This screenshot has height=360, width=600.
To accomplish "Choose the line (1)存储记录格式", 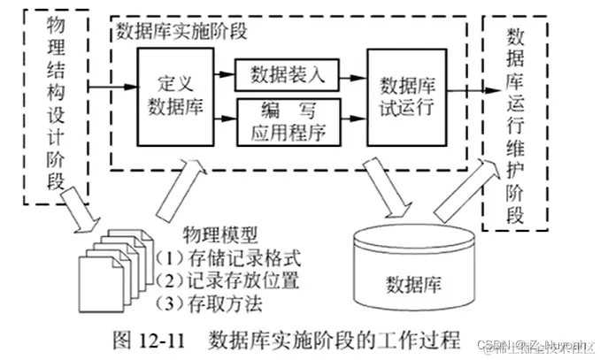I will [x=227, y=259].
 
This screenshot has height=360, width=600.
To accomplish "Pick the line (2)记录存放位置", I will [x=227, y=282].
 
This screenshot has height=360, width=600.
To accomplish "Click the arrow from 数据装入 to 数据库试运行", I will [x=347, y=74].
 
